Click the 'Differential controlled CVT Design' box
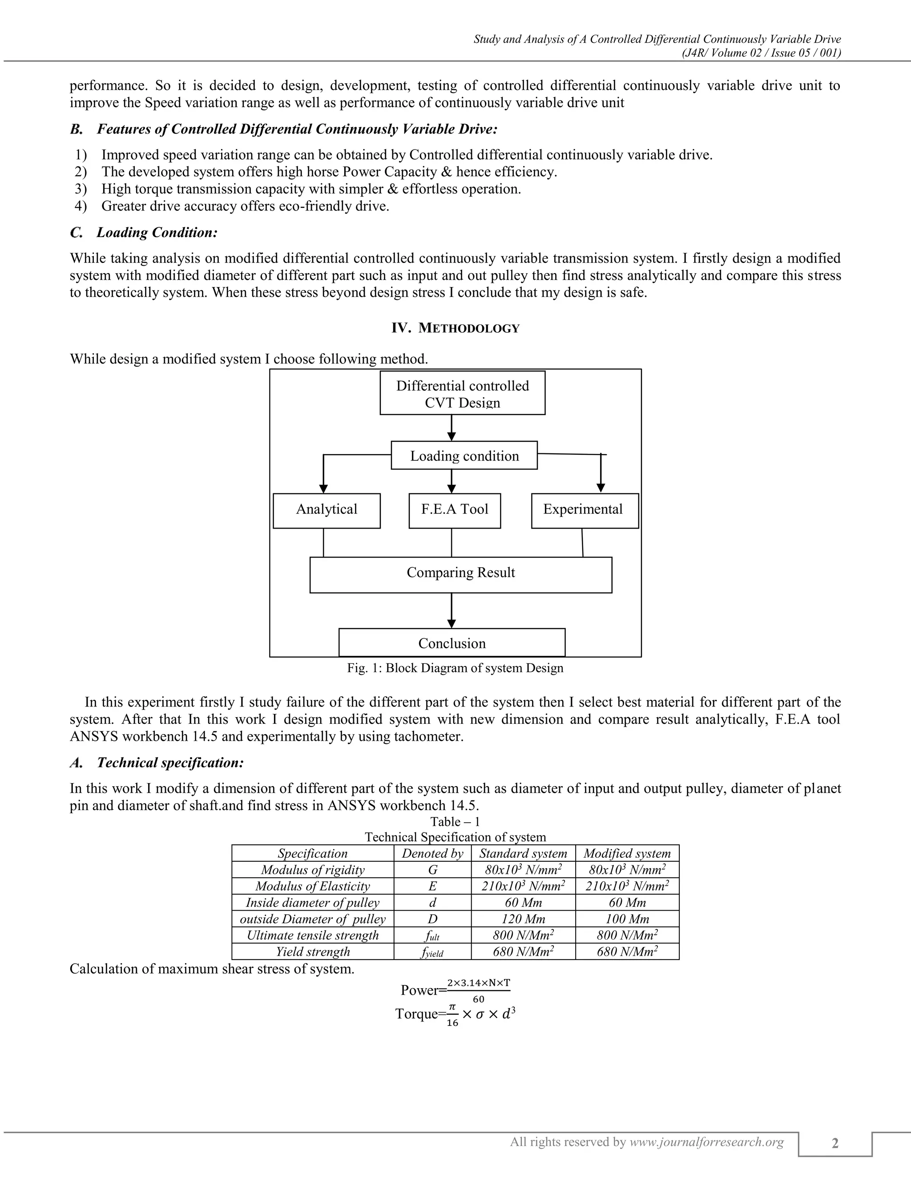click(463, 393)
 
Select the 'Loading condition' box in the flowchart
click(464, 456)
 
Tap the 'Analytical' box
click(327, 510)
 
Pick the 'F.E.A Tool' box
click(455, 510)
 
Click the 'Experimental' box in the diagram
click(584, 510)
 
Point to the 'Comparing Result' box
click(461, 574)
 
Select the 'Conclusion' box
click(452, 643)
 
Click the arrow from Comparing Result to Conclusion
click(452, 610)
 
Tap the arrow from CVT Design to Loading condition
click(452, 428)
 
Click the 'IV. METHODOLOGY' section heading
click(455, 328)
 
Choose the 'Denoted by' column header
click(432, 853)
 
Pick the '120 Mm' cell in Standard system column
click(523, 919)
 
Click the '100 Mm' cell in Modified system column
click(627, 919)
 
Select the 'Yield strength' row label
click(313, 951)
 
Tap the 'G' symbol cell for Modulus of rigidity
click(432, 870)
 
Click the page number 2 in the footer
click(835, 1143)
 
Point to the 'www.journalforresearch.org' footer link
click(706, 1141)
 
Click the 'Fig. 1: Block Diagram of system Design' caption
click(455, 668)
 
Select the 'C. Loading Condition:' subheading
click(144, 233)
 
